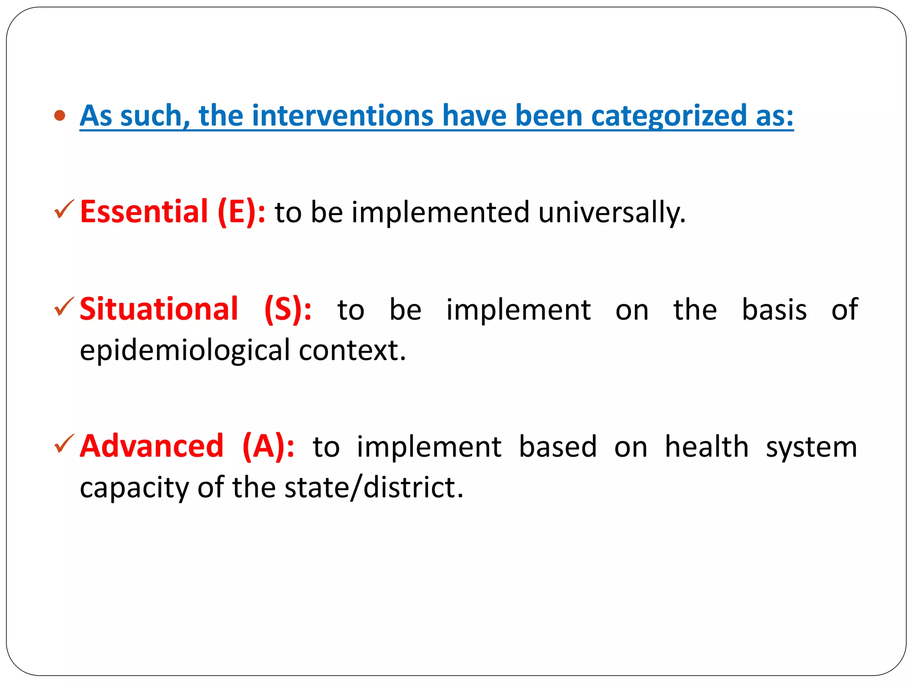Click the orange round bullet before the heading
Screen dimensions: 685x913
tap(59, 116)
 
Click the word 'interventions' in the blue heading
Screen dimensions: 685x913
tap(342, 116)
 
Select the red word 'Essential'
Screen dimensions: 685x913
tap(144, 211)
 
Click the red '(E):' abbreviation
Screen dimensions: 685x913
tap(241, 211)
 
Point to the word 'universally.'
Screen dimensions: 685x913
tap(612, 212)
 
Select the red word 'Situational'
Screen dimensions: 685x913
tap(159, 309)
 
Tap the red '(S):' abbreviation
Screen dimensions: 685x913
tap(288, 309)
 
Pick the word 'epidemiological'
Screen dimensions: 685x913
tap(185, 351)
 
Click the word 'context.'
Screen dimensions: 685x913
tap(352, 351)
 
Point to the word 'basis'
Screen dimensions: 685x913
tap(774, 309)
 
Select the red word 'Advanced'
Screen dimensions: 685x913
tap(152, 446)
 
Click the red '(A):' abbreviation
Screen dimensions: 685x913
tap(268, 446)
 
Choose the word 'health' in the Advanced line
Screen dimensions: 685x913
tap(707, 446)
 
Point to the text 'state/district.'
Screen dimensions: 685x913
tap(374, 487)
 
